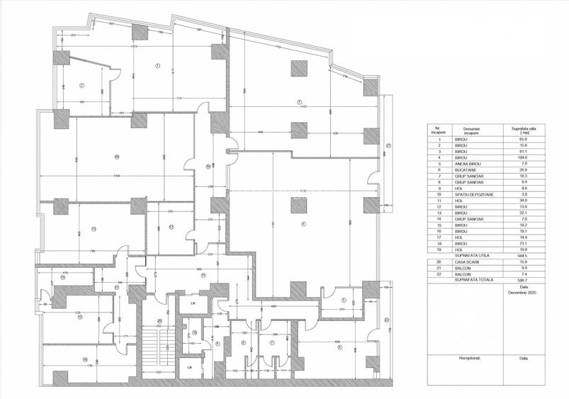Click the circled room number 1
[156, 67]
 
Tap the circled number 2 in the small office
[82, 86]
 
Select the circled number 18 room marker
[116, 157]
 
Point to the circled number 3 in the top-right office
[300, 101]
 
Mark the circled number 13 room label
[93, 228]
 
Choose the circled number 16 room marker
[84, 359]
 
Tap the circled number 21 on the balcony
[388, 146]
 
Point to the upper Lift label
[191, 303]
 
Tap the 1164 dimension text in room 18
[116, 175]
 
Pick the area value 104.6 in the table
[524, 158]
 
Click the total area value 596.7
[524, 280]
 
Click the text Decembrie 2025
[524, 291]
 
